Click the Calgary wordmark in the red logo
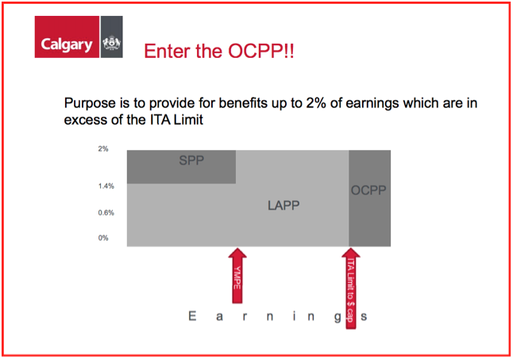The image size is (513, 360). click(x=67, y=45)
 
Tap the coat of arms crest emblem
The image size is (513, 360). click(x=111, y=43)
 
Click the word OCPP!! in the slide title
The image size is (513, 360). click(x=261, y=51)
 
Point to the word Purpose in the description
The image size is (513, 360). click(x=90, y=103)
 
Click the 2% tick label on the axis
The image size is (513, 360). click(x=103, y=149)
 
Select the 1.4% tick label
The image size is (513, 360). click(x=106, y=186)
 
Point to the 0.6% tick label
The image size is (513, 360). click(x=106, y=213)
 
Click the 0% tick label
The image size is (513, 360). click(x=103, y=238)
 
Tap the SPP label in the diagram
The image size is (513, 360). click(x=191, y=161)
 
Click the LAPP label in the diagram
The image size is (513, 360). click(x=283, y=206)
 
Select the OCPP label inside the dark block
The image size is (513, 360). click(x=368, y=190)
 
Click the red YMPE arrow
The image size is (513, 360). click(x=237, y=276)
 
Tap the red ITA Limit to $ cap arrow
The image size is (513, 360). click(x=351, y=288)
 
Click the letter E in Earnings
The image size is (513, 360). click(x=192, y=316)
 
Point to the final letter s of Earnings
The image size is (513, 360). click(x=364, y=317)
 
